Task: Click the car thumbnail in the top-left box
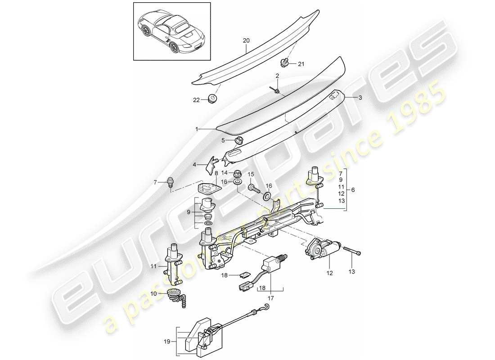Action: pos(171,31)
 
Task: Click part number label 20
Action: pos(246,40)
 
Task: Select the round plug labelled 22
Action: pos(211,99)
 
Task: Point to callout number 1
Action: pos(197,129)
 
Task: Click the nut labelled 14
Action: pos(237,172)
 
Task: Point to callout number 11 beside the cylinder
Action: pos(154,266)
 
